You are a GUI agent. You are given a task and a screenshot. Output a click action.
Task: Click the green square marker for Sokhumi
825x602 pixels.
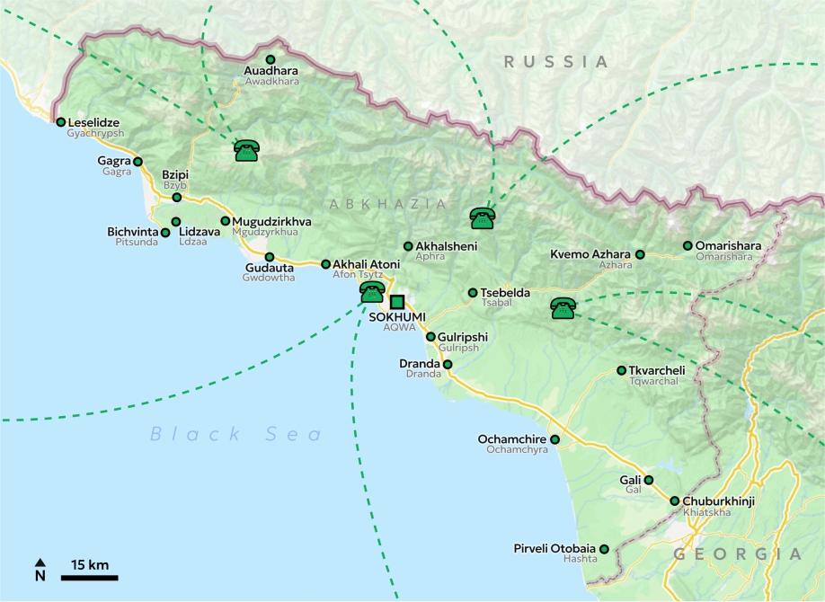pos(397,302)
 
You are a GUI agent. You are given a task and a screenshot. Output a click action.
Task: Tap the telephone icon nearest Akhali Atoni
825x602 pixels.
pos(372,292)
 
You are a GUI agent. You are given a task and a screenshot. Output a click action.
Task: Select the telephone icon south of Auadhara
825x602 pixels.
pos(246,151)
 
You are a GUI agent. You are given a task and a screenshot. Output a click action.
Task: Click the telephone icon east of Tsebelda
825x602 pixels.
pos(563,309)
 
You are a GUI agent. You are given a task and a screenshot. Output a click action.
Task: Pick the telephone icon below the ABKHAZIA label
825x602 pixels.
pos(483,218)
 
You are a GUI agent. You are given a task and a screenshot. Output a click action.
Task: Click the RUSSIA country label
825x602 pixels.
pos(556,62)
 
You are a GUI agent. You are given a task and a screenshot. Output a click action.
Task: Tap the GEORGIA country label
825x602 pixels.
pos(737,553)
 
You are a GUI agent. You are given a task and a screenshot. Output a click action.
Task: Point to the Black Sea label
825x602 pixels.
pos(235,435)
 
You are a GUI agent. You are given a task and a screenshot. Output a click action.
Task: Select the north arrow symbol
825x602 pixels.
pos(40,570)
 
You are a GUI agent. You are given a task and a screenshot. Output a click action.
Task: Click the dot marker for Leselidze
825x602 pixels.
pos(60,122)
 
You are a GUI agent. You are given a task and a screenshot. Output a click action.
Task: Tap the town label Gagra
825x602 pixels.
pos(114,161)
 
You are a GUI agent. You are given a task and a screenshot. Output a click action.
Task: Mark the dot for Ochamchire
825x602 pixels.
pos(554,439)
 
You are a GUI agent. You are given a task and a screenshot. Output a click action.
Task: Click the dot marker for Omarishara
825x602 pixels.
pos(687,245)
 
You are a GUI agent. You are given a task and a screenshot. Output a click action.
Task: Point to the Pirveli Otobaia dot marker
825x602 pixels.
pos(604,548)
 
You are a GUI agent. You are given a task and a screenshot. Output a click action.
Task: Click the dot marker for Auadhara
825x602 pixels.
pos(271,59)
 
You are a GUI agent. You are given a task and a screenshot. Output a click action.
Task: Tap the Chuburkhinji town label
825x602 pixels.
pos(720,500)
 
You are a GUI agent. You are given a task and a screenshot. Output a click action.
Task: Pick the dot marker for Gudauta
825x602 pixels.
pos(269,257)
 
